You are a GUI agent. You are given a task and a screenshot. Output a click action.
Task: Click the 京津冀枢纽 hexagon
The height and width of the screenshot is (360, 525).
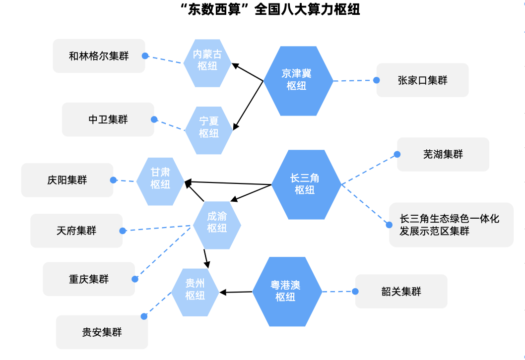click(x=297, y=80)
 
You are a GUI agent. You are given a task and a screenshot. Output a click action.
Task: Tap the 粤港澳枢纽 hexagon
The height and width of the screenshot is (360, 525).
click(x=287, y=292)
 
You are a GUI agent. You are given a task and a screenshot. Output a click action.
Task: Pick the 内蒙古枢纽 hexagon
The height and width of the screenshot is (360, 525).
click(x=207, y=60)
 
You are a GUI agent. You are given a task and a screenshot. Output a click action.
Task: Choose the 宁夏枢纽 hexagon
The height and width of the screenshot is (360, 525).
click(x=209, y=128)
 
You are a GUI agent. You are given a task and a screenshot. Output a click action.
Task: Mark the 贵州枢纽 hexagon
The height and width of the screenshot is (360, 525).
click(x=195, y=290)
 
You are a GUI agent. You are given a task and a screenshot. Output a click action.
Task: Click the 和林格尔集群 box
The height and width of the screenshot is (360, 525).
click(x=99, y=56)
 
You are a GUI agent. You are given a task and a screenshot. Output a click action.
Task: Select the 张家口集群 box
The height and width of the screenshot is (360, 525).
click(x=422, y=80)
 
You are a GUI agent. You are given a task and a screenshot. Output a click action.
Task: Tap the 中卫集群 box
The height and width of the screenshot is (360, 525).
click(x=108, y=120)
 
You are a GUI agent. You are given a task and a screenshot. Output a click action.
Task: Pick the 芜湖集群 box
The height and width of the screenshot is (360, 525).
click(x=443, y=154)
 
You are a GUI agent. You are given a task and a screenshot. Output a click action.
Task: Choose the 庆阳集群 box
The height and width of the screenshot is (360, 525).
click(x=67, y=180)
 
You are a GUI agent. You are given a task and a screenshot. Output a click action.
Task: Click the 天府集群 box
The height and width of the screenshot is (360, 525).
click(x=76, y=231)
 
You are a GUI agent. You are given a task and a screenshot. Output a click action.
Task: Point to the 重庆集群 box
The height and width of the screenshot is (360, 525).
click(x=88, y=279)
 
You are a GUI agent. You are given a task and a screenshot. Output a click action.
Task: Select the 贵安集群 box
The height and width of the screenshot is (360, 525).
click(x=102, y=332)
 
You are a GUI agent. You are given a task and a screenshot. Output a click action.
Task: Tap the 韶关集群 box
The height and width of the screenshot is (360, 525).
click(x=401, y=292)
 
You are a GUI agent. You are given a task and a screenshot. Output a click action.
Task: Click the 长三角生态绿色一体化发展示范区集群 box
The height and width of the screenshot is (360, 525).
click(x=451, y=225)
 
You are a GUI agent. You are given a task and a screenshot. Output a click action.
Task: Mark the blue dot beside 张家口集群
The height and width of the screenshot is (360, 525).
click(x=377, y=80)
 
